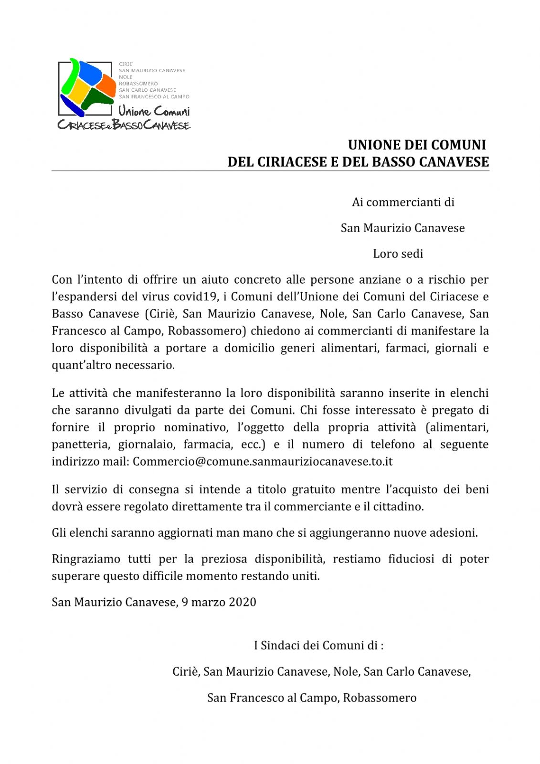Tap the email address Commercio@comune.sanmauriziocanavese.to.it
tap(263, 462)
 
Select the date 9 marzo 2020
tap(219, 602)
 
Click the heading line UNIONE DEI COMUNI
tap(417, 145)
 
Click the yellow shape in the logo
tap(77, 95)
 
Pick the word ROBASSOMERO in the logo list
tap(138, 84)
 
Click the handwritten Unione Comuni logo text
tap(154, 111)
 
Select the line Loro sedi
tap(398, 254)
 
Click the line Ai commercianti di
tap(403, 202)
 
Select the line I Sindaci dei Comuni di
tap(318, 646)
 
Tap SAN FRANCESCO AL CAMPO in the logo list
tap(154, 96)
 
